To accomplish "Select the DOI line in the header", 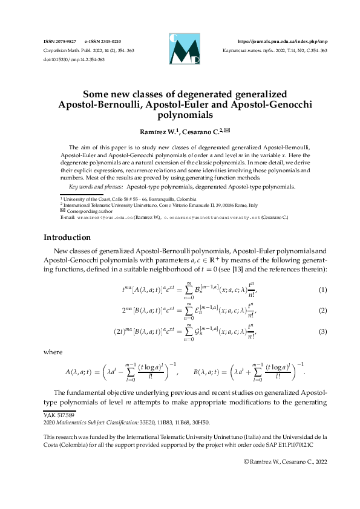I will (x=66, y=59).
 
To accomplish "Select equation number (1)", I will (x=322, y=290).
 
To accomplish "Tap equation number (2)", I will (x=322, y=310).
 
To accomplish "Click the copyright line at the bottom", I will (x=284, y=461).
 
